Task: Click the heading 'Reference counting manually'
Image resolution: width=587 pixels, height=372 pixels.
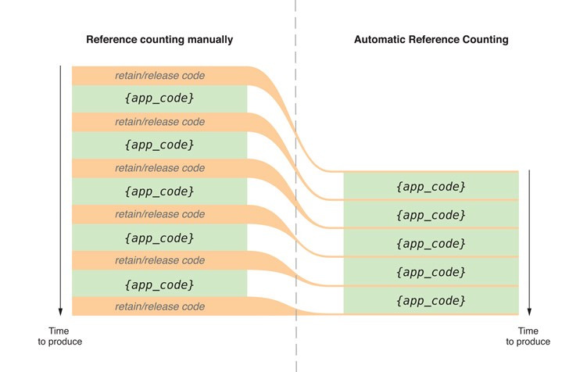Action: click(x=159, y=39)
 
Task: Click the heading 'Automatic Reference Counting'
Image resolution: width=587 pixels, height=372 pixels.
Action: click(x=431, y=39)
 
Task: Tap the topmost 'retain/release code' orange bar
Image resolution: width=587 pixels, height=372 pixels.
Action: click(x=159, y=76)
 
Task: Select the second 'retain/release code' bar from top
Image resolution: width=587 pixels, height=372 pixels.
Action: click(x=159, y=122)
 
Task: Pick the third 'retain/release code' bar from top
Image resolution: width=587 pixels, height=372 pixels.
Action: click(x=159, y=168)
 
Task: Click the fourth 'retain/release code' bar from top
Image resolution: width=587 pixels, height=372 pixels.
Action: click(x=159, y=214)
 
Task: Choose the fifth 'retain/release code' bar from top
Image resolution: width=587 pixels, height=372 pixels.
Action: click(x=159, y=260)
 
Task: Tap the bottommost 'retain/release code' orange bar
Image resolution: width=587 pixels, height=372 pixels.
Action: click(x=159, y=306)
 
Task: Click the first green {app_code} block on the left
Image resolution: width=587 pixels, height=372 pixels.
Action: click(x=159, y=99)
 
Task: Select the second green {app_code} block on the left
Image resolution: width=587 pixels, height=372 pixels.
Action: click(x=159, y=145)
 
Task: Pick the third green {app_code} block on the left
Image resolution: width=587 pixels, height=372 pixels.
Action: click(x=159, y=191)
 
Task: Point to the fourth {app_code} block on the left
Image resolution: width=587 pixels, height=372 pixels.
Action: click(x=159, y=238)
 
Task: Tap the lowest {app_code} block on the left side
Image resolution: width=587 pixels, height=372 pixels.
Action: click(x=159, y=284)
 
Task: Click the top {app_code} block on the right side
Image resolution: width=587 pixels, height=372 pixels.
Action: click(x=431, y=187)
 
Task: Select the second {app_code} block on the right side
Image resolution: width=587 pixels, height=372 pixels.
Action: click(x=431, y=215)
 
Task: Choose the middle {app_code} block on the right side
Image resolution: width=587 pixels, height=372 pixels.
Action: click(x=431, y=243)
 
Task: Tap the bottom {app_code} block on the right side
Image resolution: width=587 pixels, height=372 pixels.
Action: click(x=431, y=300)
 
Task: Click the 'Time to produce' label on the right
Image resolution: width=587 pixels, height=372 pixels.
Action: click(x=528, y=336)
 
